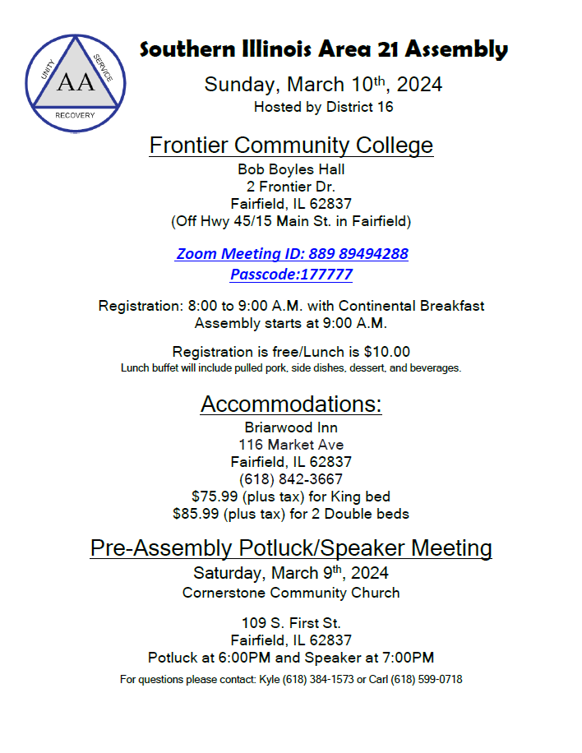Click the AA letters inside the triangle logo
[76, 82]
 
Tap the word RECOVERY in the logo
[75, 115]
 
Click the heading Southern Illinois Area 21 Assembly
[324, 49]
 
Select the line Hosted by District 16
[323, 107]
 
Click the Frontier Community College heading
[291, 146]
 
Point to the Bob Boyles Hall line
[291, 169]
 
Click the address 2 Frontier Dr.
[291, 187]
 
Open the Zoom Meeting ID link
[292, 253]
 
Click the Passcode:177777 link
[291, 275]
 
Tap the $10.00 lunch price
[386, 351]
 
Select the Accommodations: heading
[291, 404]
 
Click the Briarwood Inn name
[291, 427]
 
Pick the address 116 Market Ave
[291, 445]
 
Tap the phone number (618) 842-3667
[291, 479]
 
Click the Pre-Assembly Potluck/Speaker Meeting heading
[291, 547]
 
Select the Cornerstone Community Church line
[291, 593]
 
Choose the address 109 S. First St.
[291, 623]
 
